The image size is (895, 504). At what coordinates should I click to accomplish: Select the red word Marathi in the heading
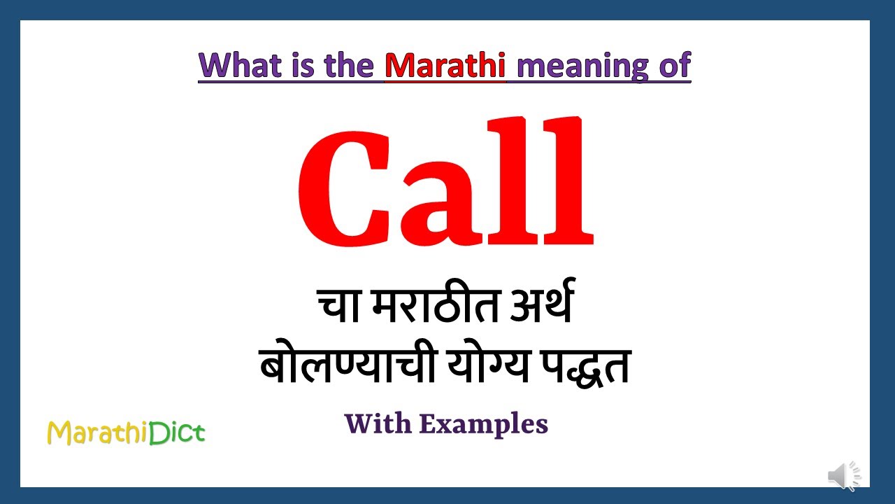tap(445, 66)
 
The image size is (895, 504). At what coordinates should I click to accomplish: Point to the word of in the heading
tap(674, 66)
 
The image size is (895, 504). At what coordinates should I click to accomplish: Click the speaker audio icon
tap(844, 476)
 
